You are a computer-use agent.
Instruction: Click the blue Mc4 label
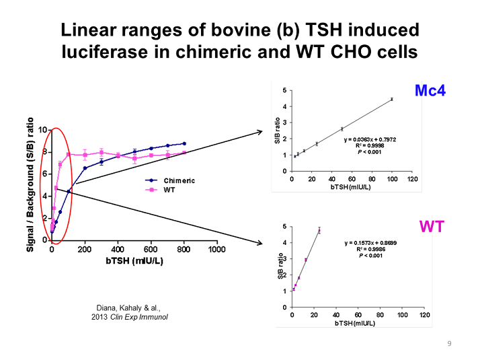coord(430,90)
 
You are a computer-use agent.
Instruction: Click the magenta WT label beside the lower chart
coord(431,226)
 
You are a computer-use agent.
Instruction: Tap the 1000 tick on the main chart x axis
coord(217,250)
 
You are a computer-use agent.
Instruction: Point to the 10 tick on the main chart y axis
coord(42,130)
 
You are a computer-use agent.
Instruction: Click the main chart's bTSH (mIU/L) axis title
coord(134,261)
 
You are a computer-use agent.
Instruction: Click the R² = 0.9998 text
coord(371,145)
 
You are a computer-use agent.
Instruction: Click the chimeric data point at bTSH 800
coord(184,143)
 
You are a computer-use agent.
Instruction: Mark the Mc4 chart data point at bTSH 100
coord(391,99)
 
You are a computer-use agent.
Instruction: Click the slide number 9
coord(450,344)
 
